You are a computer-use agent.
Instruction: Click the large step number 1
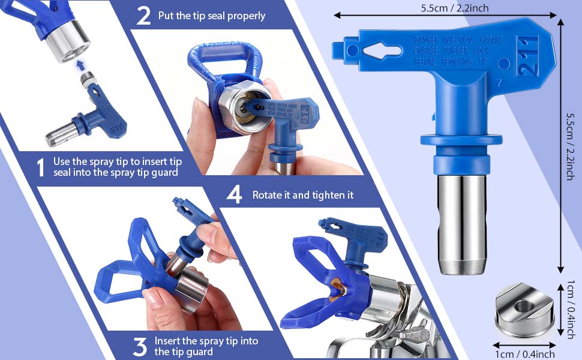click(x=40, y=167)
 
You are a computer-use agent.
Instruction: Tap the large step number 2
click(x=143, y=16)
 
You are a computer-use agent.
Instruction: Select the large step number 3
click(x=140, y=346)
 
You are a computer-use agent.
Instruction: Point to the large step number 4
click(x=234, y=195)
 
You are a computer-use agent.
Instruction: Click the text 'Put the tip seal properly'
click(x=211, y=16)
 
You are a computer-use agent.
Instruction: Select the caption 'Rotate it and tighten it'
click(x=302, y=195)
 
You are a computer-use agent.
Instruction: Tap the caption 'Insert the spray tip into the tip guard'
click(x=206, y=346)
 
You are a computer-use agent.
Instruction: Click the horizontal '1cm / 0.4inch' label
click(x=524, y=354)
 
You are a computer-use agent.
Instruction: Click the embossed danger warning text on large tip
click(x=457, y=51)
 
